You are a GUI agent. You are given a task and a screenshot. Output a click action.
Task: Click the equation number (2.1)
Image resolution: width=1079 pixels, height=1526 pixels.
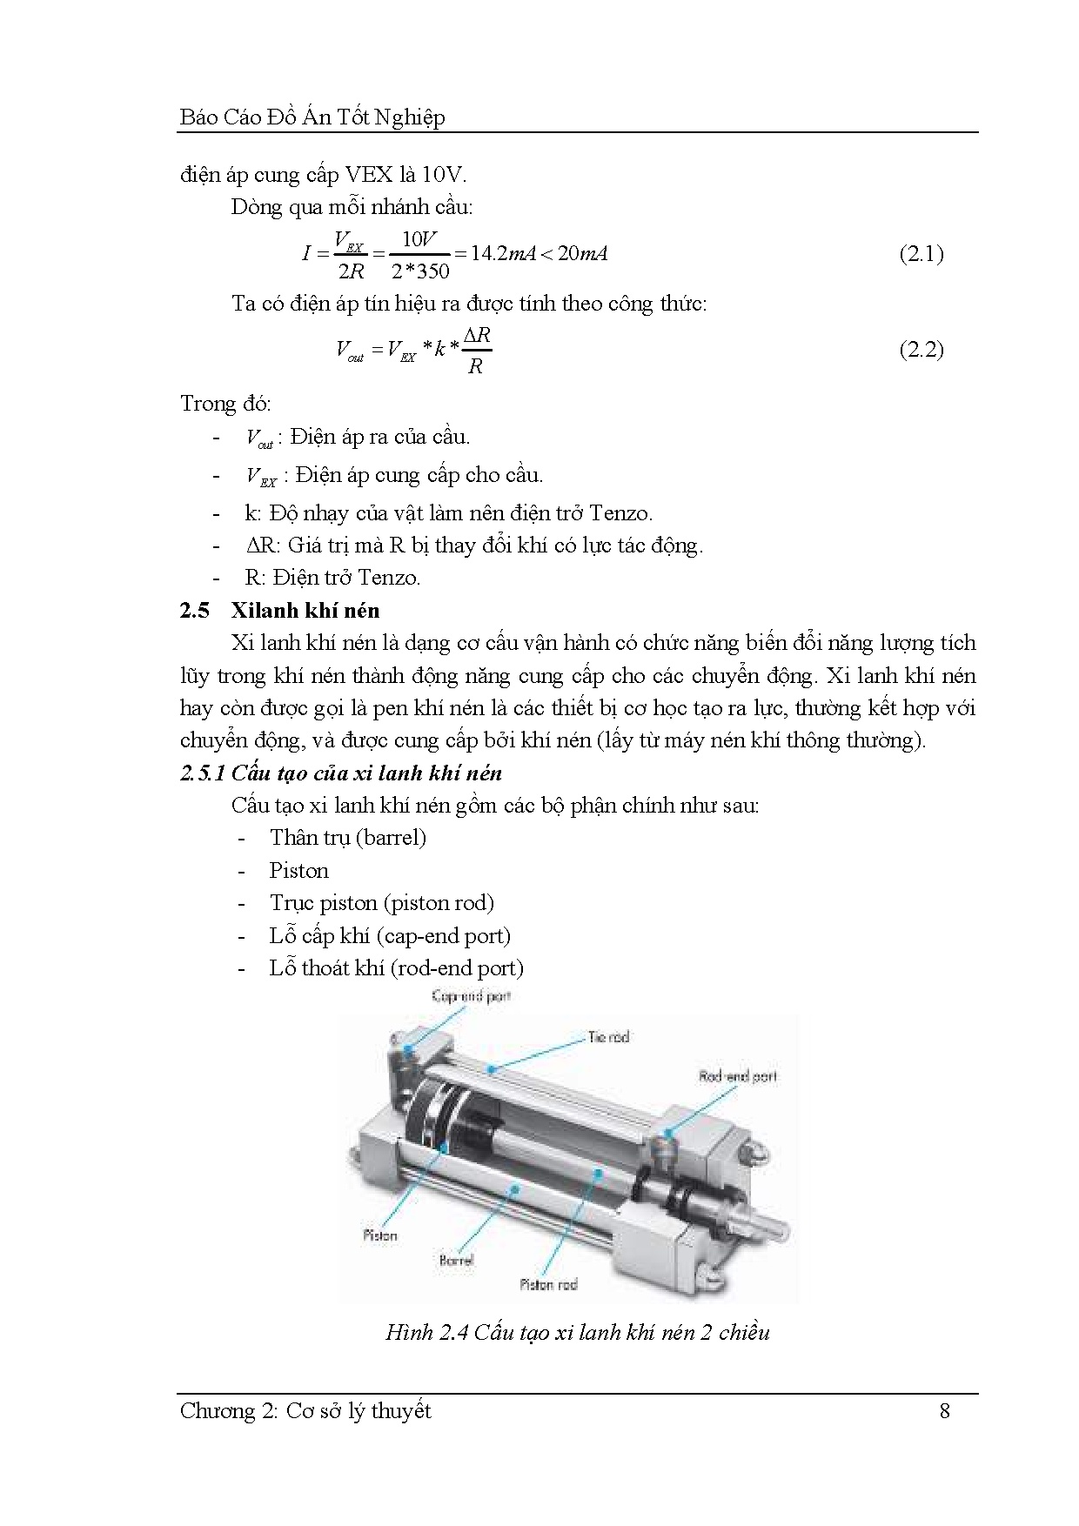(921, 254)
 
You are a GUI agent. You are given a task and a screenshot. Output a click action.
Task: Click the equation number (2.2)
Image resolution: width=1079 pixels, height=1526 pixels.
(921, 350)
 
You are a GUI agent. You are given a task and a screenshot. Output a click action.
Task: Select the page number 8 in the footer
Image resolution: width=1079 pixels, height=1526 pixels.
(945, 1410)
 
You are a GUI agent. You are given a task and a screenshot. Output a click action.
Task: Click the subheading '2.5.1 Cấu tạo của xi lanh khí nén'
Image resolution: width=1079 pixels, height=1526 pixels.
(341, 773)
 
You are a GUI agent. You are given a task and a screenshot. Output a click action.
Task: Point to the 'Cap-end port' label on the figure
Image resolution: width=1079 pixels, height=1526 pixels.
(471, 996)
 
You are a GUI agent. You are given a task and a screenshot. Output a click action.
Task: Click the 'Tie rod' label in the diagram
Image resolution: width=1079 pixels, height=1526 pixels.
(608, 1037)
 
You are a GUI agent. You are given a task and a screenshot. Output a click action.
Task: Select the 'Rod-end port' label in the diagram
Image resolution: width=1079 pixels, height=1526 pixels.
(738, 1076)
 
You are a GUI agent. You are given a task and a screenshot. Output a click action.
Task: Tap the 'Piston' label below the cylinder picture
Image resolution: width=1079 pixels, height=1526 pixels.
(379, 1235)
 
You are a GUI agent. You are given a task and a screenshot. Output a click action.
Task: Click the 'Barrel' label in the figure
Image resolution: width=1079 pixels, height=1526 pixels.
(456, 1259)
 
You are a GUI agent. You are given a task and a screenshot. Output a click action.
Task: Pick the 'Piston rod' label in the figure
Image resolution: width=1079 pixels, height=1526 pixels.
(548, 1284)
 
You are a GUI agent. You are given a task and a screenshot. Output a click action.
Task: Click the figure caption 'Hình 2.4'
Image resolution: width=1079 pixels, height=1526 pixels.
(577, 1333)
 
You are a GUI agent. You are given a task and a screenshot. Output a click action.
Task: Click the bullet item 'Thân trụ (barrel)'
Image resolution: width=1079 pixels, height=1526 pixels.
(347, 838)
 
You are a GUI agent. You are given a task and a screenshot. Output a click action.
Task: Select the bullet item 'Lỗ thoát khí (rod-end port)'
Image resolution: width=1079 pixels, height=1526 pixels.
(396, 968)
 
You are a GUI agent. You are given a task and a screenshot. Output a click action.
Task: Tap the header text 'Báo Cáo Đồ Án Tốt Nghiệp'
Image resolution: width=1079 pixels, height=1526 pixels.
(312, 117)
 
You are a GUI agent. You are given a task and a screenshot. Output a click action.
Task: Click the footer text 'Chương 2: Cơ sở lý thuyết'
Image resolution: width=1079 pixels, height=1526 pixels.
(305, 1410)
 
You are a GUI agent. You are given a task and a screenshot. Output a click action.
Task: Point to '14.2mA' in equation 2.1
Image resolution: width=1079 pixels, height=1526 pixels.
(502, 254)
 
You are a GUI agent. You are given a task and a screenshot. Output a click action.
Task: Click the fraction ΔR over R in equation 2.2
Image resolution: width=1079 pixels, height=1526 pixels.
(476, 351)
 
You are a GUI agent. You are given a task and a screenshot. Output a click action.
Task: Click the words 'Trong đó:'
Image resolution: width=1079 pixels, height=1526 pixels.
(225, 404)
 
